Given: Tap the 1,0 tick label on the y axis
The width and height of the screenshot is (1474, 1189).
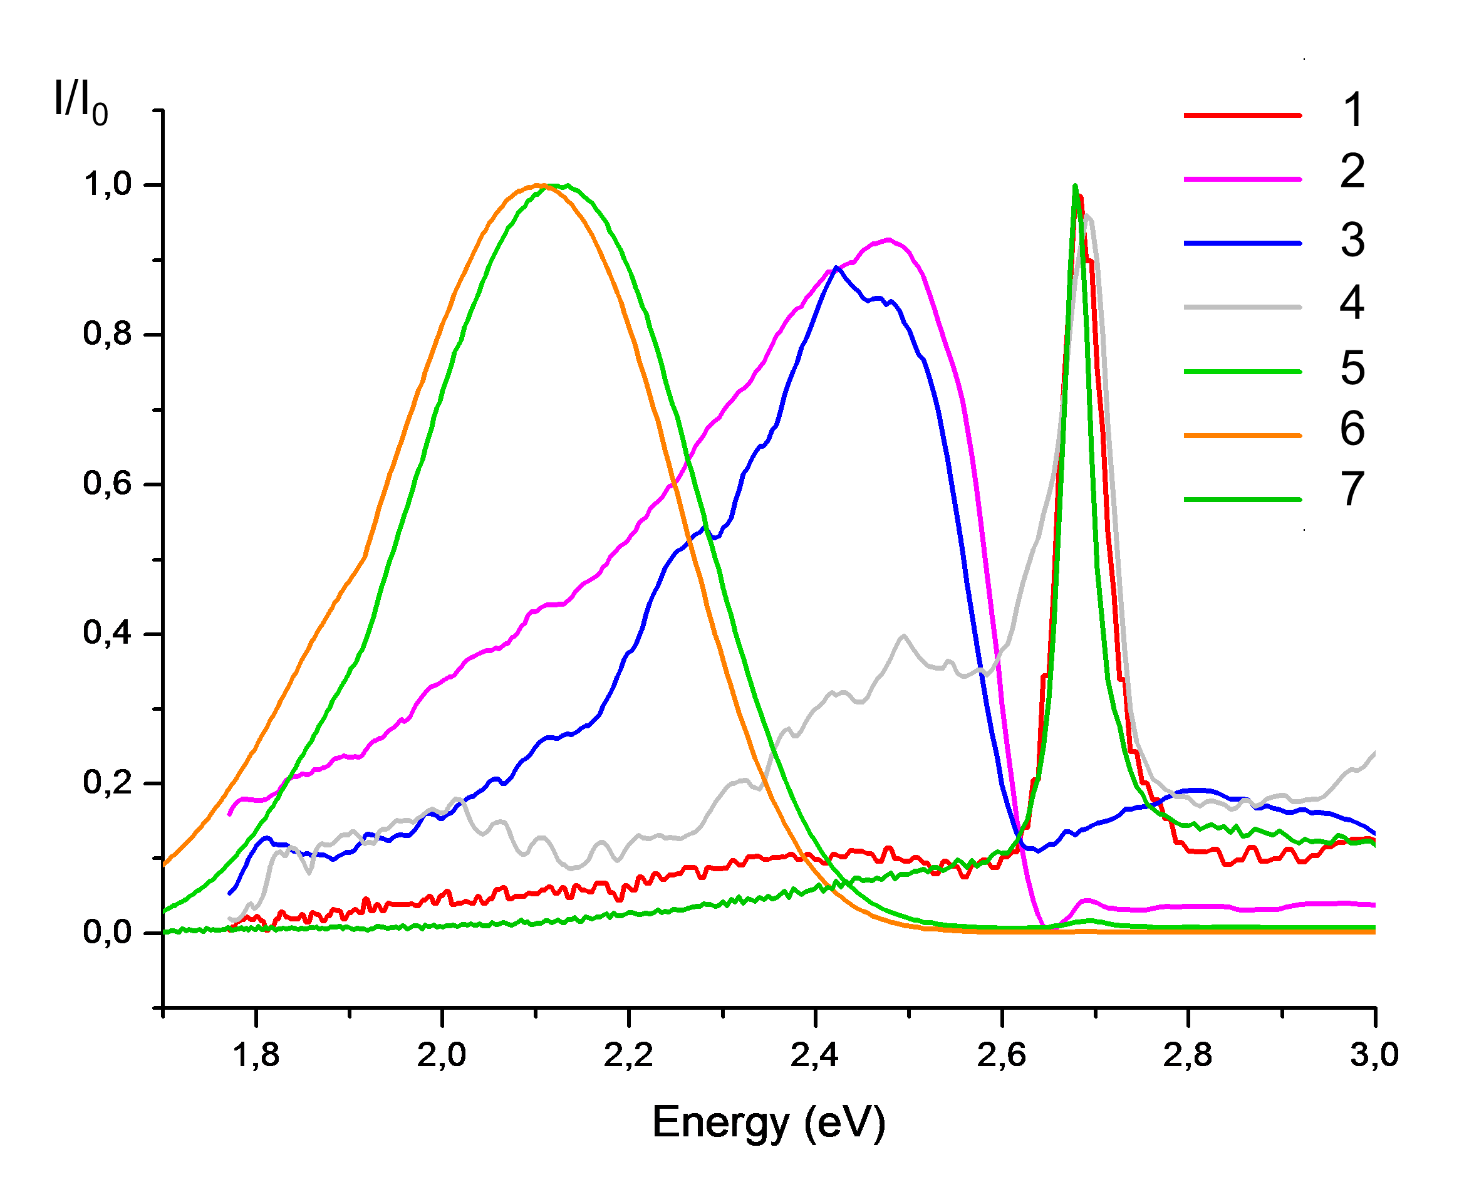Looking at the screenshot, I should click(x=108, y=184).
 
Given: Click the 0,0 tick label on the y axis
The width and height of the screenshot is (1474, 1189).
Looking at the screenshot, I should click(x=108, y=932).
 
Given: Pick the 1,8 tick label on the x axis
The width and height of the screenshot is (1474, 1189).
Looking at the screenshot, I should click(x=256, y=1055).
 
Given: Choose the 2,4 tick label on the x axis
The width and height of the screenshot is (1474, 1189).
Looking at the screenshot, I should click(x=815, y=1055).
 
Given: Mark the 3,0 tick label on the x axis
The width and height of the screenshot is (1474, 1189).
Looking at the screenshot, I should click(x=1374, y=1055).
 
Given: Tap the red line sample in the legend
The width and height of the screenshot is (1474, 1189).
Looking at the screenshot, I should click(x=1242, y=115).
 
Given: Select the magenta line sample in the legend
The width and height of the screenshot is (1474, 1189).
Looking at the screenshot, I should click(x=1242, y=179).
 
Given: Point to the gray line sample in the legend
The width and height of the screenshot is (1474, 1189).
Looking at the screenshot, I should click(x=1242, y=307).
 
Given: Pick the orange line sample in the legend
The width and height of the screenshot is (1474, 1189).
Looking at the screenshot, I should click(x=1242, y=435).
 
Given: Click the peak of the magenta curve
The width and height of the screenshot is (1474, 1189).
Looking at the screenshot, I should click(x=888, y=239).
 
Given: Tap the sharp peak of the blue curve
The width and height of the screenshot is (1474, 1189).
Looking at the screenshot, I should click(x=836, y=268).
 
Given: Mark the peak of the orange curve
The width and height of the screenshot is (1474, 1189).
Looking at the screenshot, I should click(x=539, y=185).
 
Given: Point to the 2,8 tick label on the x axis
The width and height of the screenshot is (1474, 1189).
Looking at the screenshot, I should click(x=1188, y=1055).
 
